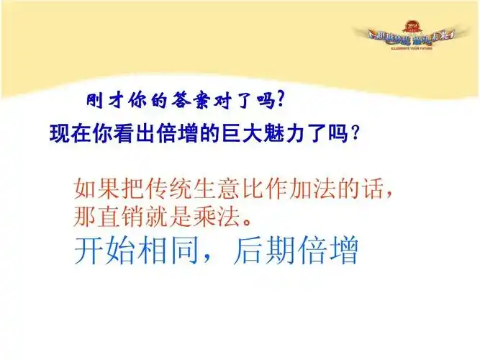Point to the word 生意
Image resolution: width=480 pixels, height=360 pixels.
pyautogui.click(x=214, y=189)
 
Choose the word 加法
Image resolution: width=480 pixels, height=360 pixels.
pyautogui.click(x=314, y=189)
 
